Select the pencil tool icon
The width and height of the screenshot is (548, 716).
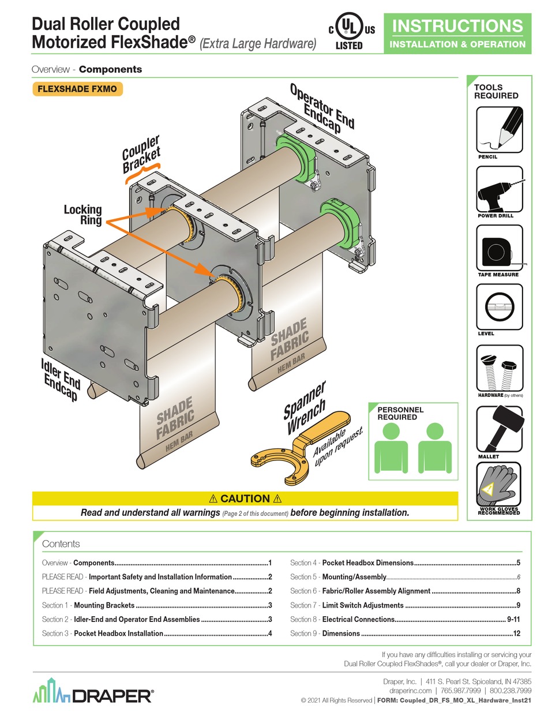(500, 130)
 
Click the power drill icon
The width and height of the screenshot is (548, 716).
(499, 190)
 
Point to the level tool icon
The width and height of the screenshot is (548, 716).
(499, 308)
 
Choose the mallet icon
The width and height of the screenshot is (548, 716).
(499, 429)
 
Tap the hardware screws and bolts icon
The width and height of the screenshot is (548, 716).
(499, 369)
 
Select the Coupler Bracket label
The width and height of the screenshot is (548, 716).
(141, 154)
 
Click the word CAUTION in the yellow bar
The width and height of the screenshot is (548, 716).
(245, 498)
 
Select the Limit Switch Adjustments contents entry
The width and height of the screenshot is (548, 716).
(363, 605)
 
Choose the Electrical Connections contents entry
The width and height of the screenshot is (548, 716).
(358, 619)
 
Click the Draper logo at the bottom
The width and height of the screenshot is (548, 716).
(92, 695)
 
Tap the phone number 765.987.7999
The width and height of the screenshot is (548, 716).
(458, 691)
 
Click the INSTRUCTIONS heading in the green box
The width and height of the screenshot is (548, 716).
(457, 26)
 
